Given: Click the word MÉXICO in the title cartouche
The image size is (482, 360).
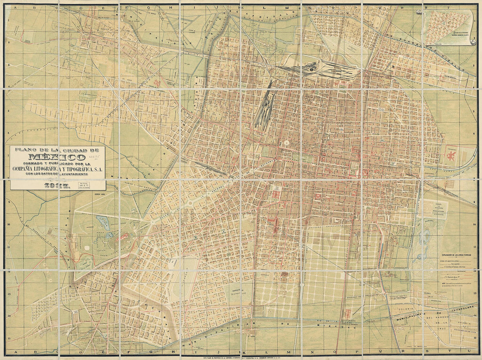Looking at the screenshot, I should pos(57,156).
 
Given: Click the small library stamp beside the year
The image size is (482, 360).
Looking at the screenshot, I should pos(83,185).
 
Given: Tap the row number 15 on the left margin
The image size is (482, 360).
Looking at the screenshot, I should pos(8,339).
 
